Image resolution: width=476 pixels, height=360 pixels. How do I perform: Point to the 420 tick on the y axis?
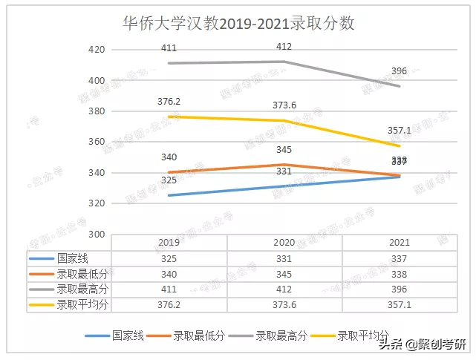click(x=97, y=50)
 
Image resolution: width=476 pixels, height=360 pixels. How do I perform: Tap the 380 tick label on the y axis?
click(x=97, y=111)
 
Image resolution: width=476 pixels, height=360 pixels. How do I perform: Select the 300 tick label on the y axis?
click(x=97, y=234)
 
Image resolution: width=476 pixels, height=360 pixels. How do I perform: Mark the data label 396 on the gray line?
click(x=399, y=71)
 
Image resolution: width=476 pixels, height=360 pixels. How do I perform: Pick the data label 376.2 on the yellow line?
click(x=169, y=102)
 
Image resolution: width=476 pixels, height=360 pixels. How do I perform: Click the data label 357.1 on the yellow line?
click(x=399, y=130)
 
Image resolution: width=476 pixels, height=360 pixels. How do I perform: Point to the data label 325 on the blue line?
click(x=169, y=180)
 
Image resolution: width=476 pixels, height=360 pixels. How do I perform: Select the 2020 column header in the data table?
click(x=284, y=243)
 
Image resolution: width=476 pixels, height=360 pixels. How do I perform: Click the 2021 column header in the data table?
click(x=399, y=243)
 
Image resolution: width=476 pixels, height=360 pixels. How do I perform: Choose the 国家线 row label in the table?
click(x=71, y=258)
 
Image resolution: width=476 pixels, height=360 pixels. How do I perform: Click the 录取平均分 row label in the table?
click(x=81, y=305)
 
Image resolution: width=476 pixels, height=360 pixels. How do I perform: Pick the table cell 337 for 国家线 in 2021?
click(x=399, y=258)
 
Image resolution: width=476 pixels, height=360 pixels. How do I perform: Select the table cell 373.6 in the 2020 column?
click(x=284, y=305)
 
